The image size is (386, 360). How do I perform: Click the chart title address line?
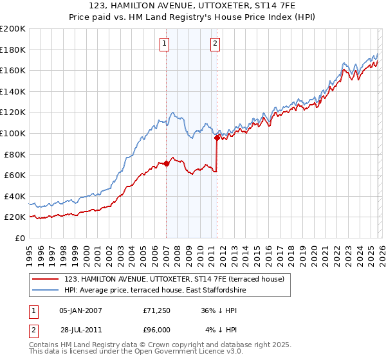(192, 6)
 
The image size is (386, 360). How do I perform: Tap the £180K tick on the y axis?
(13, 50)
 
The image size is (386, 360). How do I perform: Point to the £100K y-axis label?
(13, 133)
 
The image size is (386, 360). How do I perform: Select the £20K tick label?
(15, 217)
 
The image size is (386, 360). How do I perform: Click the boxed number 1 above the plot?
(165, 44)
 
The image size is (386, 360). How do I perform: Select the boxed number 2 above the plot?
(215, 44)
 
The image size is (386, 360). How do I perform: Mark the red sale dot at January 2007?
(166, 163)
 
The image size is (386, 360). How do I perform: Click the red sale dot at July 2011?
(217, 137)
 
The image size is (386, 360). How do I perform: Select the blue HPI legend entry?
(155, 291)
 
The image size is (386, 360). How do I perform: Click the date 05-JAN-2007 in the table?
(80, 310)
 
